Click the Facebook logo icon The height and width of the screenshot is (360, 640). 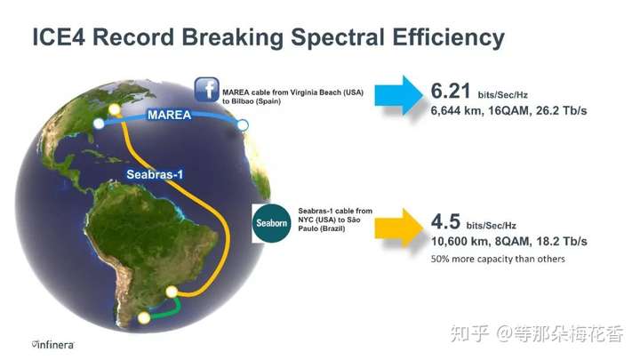(206, 90)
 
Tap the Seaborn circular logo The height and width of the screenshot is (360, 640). (271, 223)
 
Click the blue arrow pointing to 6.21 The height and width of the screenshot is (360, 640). (399, 95)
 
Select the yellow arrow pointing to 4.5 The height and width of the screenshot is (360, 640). (399, 228)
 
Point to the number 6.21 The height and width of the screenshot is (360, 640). (451, 91)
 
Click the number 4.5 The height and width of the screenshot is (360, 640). (445, 221)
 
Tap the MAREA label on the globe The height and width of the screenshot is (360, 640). (170, 115)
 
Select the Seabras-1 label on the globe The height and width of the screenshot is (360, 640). (155, 175)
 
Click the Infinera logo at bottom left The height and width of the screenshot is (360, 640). (53, 345)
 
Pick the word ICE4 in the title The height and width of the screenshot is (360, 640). (59, 37)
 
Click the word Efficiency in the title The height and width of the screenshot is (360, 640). (448, 38)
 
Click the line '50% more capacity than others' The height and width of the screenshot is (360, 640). (498, 260)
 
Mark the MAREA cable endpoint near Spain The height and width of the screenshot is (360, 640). (243, 125)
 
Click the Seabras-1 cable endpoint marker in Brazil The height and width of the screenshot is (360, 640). (172, 292)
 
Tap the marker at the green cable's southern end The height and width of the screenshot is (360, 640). (144, 317)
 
